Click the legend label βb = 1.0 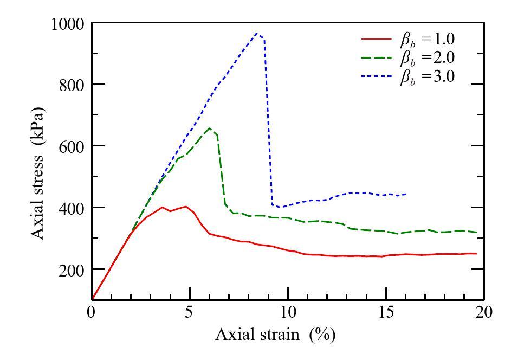423,40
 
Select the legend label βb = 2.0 423,59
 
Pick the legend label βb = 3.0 423,77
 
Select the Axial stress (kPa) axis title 38,172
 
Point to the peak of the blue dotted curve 257,33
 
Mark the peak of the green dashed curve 210,128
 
